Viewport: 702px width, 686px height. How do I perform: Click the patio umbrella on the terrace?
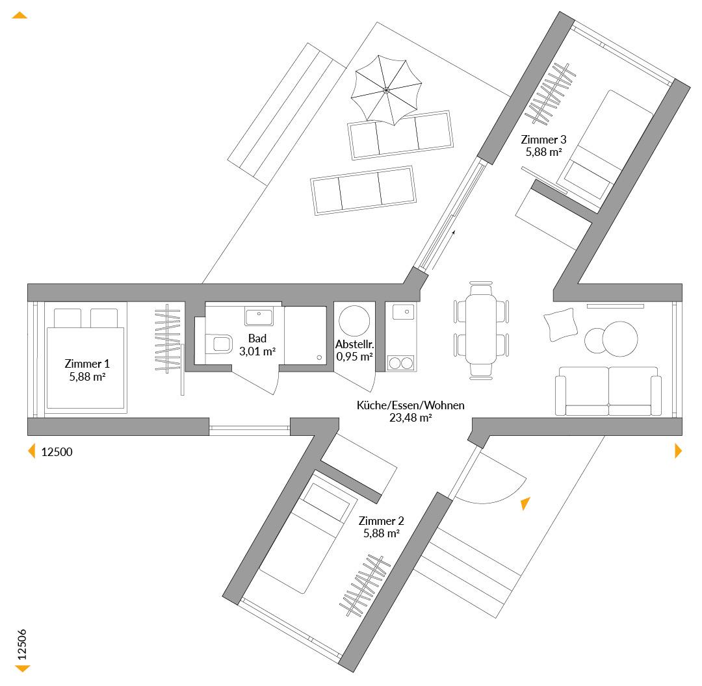[386, 90]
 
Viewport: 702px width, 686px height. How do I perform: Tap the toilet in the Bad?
[219, 344]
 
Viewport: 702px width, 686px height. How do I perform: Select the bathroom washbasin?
[259, 316]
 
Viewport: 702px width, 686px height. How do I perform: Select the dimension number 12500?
[57, 452]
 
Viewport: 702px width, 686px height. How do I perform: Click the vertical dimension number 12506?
[22, 644]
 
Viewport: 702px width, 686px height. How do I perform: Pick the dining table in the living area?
[481, 330]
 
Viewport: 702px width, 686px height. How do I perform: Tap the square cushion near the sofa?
[560, 324]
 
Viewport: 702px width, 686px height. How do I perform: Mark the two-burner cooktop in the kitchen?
[400, 363]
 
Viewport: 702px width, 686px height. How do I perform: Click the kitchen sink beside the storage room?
[404, 311]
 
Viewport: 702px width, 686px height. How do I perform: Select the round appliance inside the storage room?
[354, 321]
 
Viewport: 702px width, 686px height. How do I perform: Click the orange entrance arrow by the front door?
[525, 503]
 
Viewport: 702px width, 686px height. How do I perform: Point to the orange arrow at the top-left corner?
[19, 15]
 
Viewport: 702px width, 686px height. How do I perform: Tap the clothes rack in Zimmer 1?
[168, 338]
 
